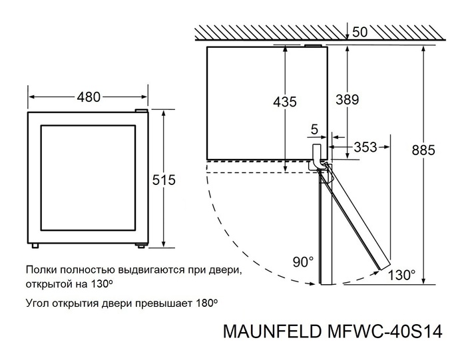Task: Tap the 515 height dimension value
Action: point(163,180)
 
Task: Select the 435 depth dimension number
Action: point(285,102)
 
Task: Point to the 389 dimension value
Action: point(347,100)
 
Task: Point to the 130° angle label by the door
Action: point(401,274)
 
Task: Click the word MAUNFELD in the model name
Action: point(270,331)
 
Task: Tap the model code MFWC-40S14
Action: point(381,331)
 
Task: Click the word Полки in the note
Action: point(41,271)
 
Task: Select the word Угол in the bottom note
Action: point(39,303)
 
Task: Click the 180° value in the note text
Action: point(206,303)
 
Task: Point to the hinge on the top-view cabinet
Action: point(319,152)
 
